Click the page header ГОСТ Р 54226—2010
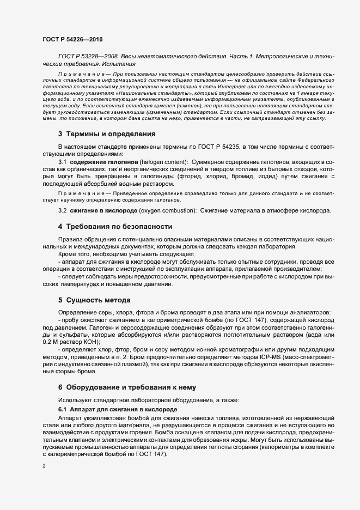(72, 40)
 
